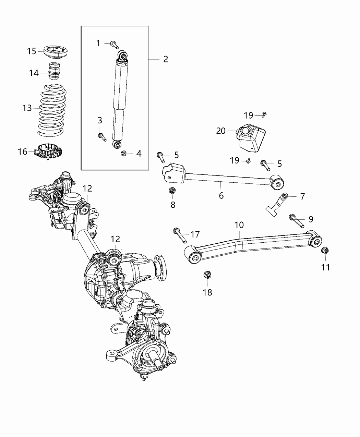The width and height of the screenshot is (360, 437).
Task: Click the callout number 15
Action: click(x=32, y=51)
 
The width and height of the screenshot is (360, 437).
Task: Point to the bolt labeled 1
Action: click(x=115, y=44)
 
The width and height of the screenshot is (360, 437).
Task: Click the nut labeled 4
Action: click(x=124, y=154)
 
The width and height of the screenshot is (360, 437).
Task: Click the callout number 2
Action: click(x=166, y=59)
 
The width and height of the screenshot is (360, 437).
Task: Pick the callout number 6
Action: click(x=221, y=195)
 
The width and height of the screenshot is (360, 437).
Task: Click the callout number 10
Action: click(x=239, y=225)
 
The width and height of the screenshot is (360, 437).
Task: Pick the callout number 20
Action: click(x=221, y=131)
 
